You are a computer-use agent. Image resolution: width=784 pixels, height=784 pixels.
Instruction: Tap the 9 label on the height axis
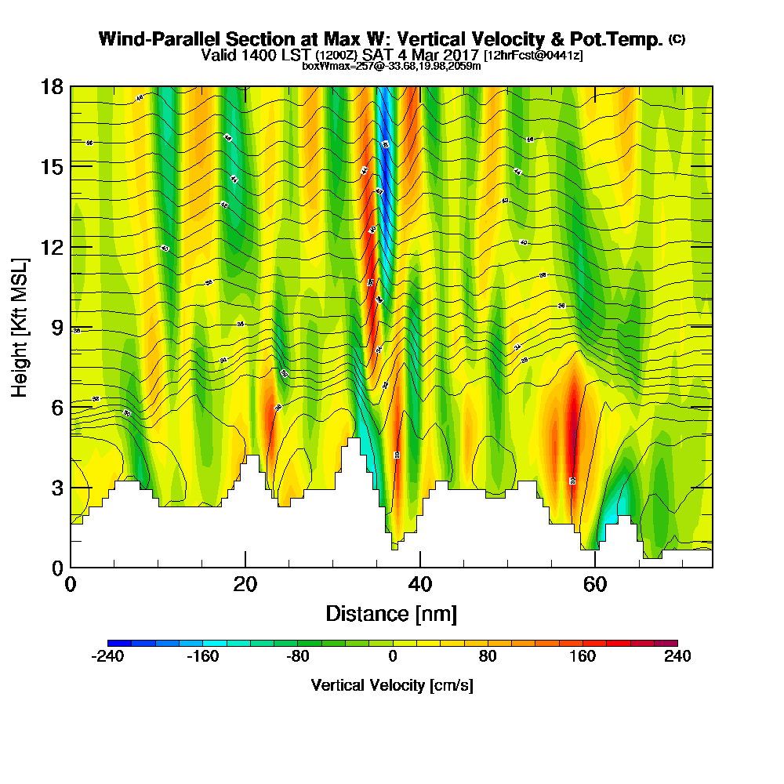click(56, 328)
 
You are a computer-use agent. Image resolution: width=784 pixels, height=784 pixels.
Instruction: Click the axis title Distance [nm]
click(391, 613)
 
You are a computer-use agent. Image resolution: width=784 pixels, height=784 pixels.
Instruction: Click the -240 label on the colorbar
click(107, 657)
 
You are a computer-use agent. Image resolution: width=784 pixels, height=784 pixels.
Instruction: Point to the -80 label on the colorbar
click(298, 657)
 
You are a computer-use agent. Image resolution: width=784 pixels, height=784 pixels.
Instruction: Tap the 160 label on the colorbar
click(583, 657)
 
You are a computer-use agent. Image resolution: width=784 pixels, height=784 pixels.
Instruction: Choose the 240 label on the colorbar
click(677, 657)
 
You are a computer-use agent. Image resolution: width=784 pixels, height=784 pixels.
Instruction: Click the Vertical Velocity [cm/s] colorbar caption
click(392, 685)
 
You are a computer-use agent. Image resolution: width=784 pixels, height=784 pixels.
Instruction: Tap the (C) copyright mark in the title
click(677, 39)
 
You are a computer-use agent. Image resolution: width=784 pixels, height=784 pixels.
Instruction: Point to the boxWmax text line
click(391, 66)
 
